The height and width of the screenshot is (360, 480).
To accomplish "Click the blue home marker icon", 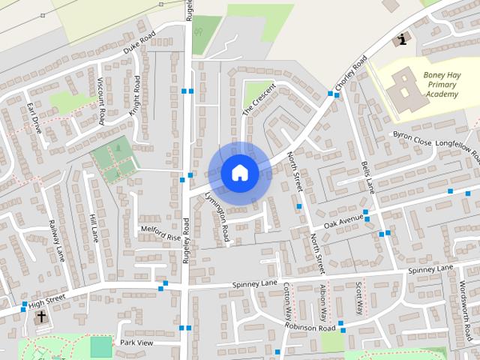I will tap(240, 172).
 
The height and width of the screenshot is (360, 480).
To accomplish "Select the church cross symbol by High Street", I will tap(40, 316).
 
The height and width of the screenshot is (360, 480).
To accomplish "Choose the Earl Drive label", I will tap(34, 118).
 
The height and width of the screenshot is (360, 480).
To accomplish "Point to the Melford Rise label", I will tap(160, 233).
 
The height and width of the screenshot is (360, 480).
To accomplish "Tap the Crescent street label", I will tap(258, 99).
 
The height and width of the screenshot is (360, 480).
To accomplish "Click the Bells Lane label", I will tap(367, 177).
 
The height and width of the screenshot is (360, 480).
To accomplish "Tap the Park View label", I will tap(136, 343).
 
